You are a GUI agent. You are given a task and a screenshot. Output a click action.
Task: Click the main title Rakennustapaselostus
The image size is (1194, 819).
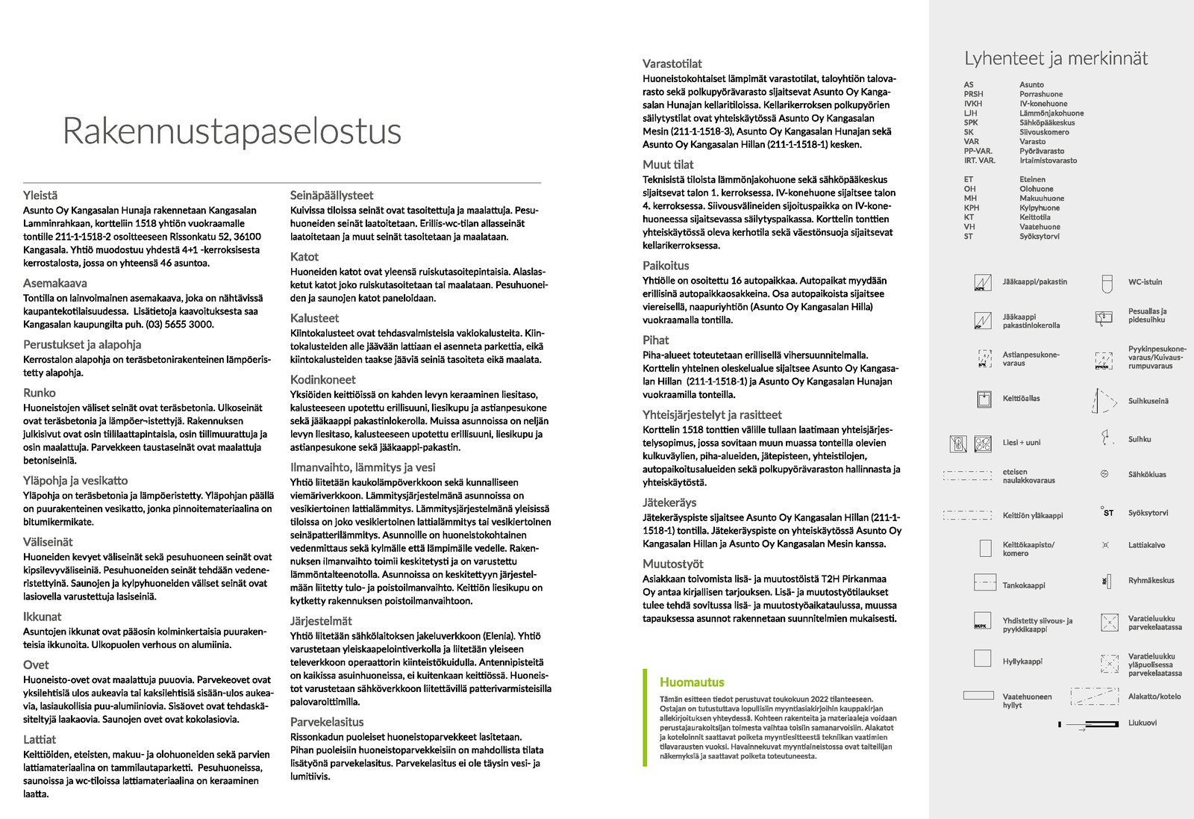point(231,131)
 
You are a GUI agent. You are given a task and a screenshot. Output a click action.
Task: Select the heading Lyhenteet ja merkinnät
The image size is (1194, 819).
point(1055,59)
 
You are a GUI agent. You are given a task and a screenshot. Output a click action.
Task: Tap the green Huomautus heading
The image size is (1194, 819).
point(691,682)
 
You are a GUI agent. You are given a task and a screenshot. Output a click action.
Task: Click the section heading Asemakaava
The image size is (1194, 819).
point(54,283)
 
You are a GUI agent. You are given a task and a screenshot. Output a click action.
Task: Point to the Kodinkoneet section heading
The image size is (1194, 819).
point(322,379)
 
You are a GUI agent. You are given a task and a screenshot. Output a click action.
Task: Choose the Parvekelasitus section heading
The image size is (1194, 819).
point(326,722)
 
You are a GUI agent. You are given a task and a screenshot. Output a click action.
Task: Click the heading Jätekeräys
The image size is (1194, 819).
point(669,502)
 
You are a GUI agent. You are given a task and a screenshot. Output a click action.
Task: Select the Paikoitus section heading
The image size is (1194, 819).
point(666,265)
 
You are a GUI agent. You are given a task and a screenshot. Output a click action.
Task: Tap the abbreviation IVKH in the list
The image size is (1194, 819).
point(973,104)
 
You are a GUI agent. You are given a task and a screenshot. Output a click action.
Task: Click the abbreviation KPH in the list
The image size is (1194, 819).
point(971,208)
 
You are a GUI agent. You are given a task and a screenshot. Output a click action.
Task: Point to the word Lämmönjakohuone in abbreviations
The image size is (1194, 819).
point(1051,113)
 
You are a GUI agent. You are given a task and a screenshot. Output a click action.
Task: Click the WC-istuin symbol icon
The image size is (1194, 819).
point(1107,283)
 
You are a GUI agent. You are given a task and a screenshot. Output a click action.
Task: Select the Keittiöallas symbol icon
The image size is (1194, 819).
point(984,399)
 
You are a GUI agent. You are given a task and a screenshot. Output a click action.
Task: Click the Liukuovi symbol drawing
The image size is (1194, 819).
point(1090,723)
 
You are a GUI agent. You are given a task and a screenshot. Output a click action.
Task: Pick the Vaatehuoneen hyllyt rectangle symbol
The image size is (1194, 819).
point(978,695)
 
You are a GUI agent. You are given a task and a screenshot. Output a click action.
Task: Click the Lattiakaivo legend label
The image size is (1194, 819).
point(1145,545)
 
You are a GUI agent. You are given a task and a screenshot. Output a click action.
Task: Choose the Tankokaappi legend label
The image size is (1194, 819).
point(1023,585)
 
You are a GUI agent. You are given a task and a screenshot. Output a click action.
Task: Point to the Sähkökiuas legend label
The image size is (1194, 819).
point(1146,474)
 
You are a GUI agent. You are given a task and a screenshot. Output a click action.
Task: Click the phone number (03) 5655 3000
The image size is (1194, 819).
point(180,324)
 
